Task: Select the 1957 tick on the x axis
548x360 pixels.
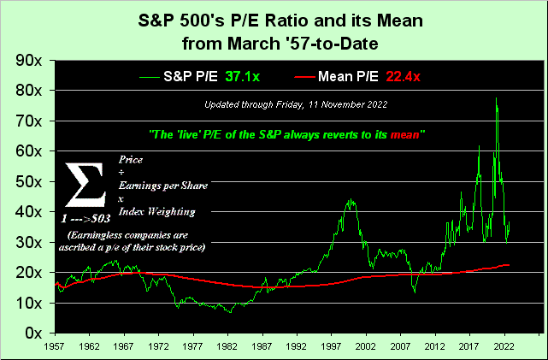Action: click(56, 349)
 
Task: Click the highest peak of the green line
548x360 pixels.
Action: click(496, 98)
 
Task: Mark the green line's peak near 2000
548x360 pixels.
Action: click(351, 200)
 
